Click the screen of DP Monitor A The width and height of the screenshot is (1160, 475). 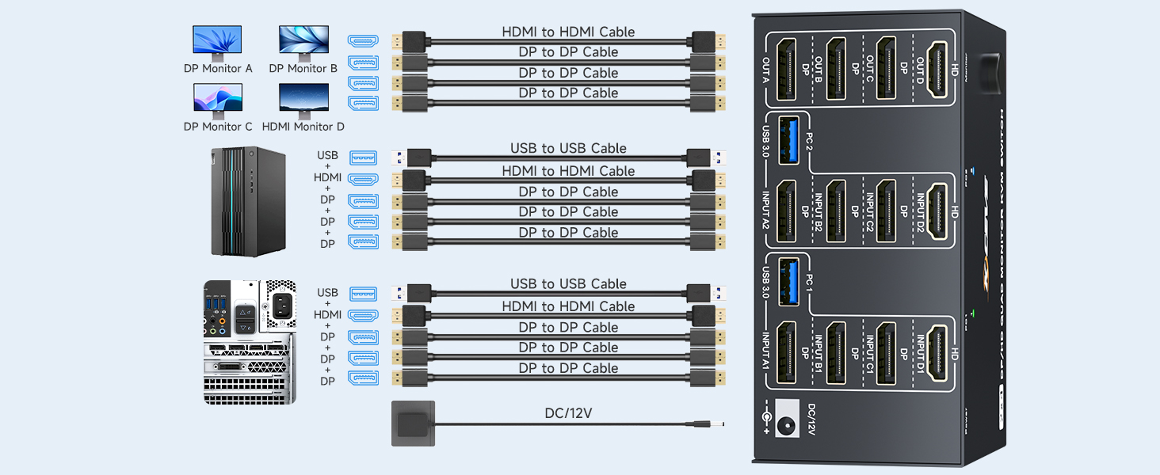click(217, 40)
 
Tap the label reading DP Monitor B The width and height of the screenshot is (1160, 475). click(303, 69)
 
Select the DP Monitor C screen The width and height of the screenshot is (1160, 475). click(218, 97)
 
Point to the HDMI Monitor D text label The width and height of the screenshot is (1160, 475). click(303, 127)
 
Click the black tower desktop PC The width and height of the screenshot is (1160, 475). click(248, 201)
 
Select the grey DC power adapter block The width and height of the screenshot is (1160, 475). click(413, 424)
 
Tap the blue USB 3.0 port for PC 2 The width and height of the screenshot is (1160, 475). click(789, 141)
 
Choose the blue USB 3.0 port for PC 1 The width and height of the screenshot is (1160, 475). click(789, 282)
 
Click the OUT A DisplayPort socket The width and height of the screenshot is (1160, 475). click(787, 70)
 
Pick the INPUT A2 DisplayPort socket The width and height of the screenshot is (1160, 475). click(787, 211)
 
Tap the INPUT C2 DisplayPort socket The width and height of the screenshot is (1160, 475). click(886, 211)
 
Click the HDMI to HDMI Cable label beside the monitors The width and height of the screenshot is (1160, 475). click(568, 32)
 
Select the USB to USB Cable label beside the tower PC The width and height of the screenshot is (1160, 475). click(568, 149)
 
